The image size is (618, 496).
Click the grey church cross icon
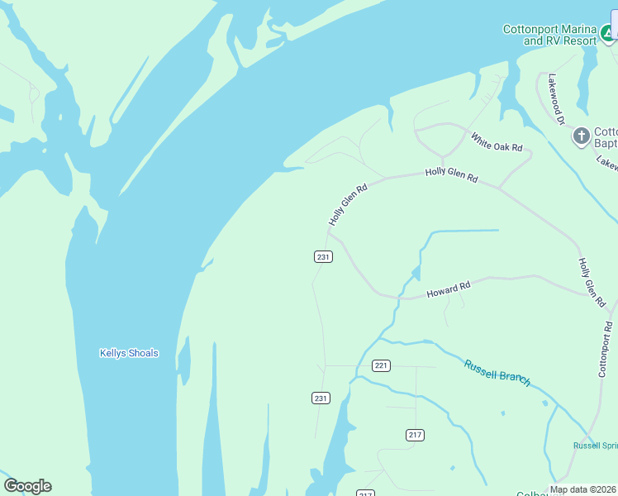(582, 136)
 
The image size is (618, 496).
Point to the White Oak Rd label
(497, 141)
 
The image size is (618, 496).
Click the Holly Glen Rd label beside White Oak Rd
(451, 174)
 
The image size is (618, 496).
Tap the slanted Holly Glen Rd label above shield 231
(347, 204)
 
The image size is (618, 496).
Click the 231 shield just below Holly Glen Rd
(323, 257)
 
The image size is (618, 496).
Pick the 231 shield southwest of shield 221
(321, 398)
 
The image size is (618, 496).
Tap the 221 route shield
(381, 365)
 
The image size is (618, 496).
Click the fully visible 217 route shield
(415, 435)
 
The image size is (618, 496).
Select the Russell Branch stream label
(497, 373)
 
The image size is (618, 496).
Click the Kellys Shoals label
(129, 353)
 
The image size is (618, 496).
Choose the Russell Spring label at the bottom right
(595, 446)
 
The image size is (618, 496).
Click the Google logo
(27, 486)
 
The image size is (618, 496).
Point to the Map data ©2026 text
(583, 489)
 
